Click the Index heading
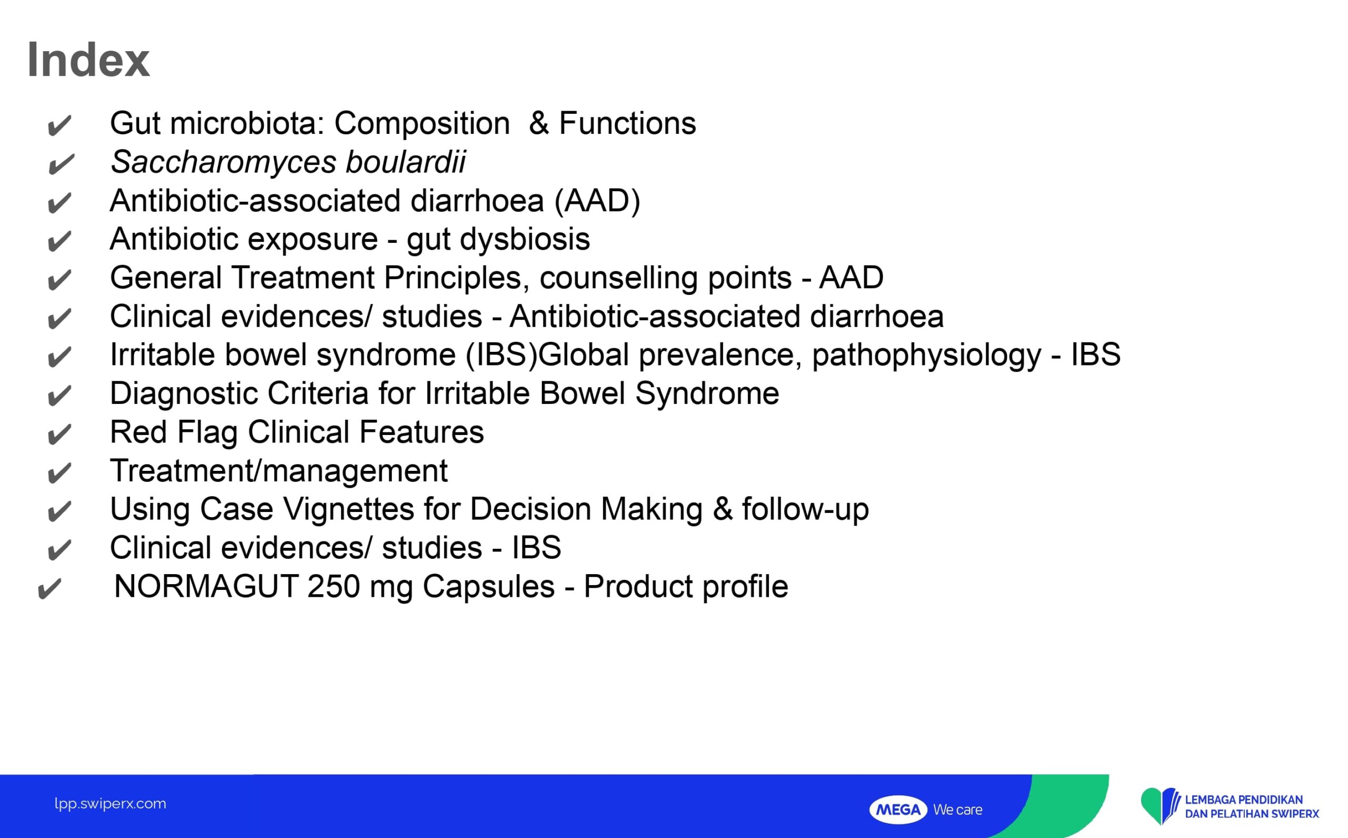tap(88, 60)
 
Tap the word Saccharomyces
tap(223, 162)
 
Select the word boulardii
tap(405, 161)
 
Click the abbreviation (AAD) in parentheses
tap(597, 201)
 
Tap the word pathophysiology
tap(926, 355)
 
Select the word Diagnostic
tap(184, 394)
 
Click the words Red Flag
tap(174, 432)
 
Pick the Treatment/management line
tap(279, 470)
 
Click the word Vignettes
tap(349, 509)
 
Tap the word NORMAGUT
tap(206, 586)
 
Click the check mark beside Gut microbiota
tap(60, 126)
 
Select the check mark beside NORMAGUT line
tap(49, 589)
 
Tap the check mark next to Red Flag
tap(60, 435)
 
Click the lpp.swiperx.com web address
tap(110, 804)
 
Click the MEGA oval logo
tap(898, 810)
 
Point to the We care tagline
tap(957, 810)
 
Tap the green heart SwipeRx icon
tap(1157, 805)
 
